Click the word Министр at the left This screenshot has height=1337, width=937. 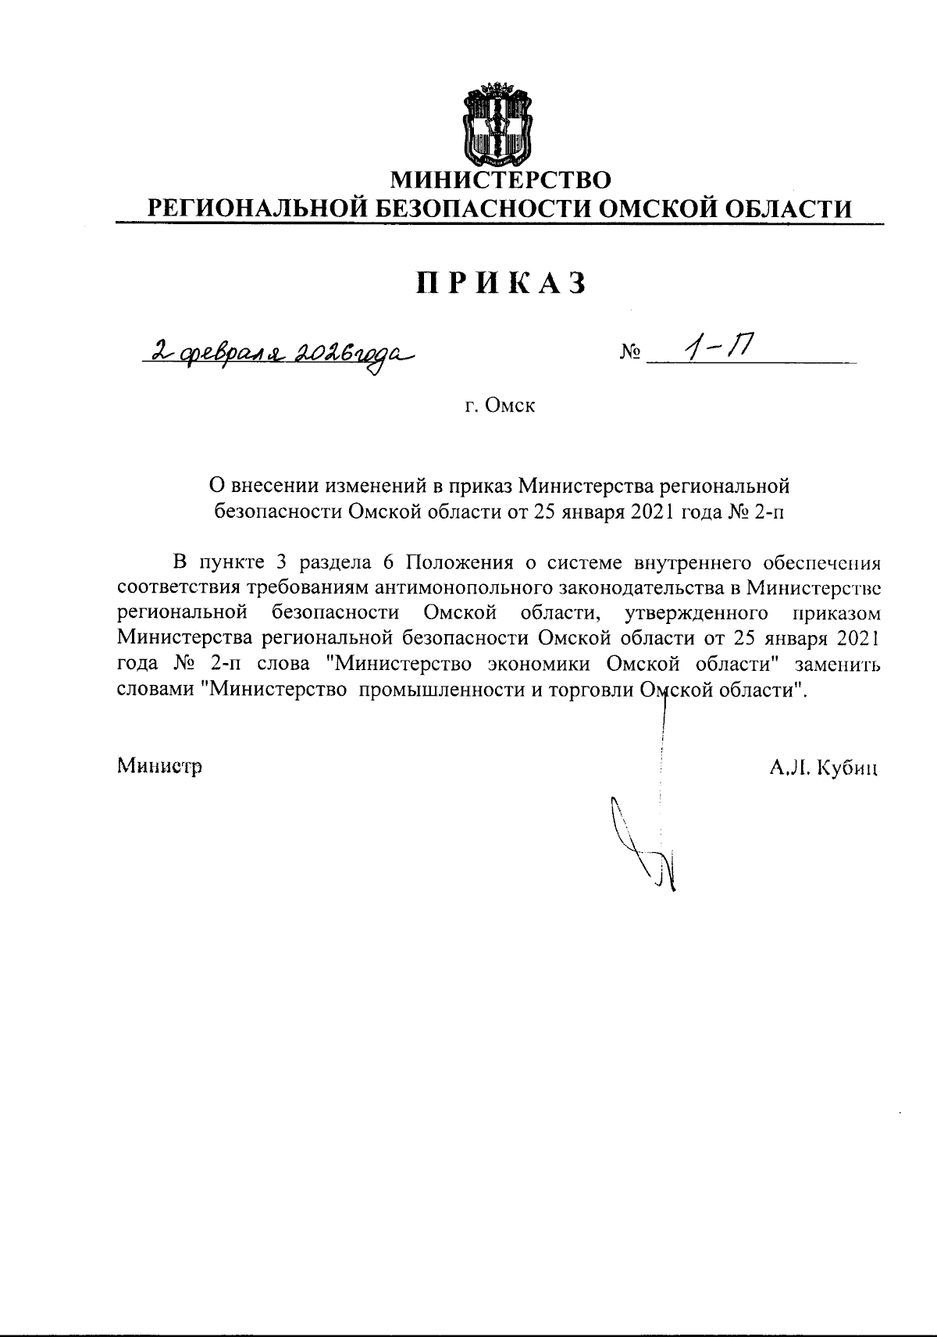pyautogui.click(x=159, y=766)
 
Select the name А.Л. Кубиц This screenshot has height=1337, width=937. pyautogui.click(x=825, y=768)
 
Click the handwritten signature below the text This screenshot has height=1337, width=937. pyautogui.click(x=644, y=843)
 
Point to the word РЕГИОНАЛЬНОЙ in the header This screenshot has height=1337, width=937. pyautogui.click(x=258, y=209)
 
